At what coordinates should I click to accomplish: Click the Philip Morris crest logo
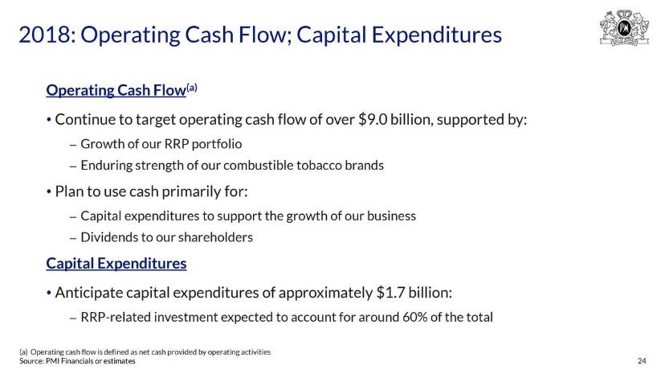coord(624,27)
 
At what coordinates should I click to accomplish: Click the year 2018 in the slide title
coord(45,35)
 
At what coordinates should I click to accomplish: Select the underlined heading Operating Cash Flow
coord(116,90)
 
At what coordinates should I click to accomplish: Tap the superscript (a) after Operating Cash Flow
coord(192,88)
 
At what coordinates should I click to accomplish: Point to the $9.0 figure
coord(373,120)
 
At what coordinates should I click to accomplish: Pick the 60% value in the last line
coord(414,317)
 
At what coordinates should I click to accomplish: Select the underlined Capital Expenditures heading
coord(116,263)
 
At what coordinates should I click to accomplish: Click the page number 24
coord(642,360)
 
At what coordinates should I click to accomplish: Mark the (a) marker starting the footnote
coord(23,351)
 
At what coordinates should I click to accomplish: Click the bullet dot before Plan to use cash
coord(49,192)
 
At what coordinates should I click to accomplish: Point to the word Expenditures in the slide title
coord(437,35)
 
